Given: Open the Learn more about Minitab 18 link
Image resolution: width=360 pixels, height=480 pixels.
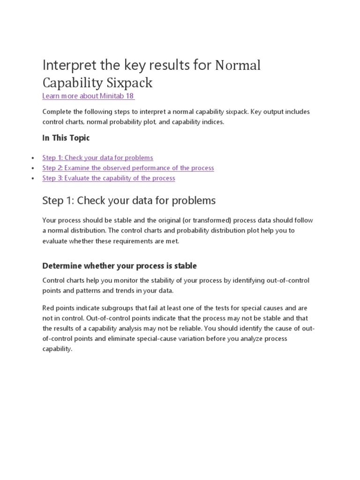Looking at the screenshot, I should coord(89,96).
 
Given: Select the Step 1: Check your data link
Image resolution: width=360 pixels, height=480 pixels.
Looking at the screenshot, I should coord(97,157).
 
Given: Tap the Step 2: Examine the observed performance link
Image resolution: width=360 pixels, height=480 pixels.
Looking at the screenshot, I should coord(128,168).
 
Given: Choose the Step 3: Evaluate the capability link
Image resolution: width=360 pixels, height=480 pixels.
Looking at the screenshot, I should coord(108,178).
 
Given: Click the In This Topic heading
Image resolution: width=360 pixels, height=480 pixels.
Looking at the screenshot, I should coord(66,138).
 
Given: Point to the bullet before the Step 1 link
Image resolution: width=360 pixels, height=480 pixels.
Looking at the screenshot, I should coord(32,158).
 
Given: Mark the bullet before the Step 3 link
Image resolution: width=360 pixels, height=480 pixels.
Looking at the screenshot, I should coord(32,179).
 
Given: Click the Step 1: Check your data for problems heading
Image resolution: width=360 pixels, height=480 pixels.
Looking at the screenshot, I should coord(129,201).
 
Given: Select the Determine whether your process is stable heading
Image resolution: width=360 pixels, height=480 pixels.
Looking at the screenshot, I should coord(120,266).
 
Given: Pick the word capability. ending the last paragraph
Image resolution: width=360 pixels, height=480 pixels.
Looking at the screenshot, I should coord(58,349).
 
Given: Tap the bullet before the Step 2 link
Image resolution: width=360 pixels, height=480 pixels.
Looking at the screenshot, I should coord(32,168).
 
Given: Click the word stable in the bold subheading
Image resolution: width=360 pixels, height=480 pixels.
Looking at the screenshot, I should coord(186,266).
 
